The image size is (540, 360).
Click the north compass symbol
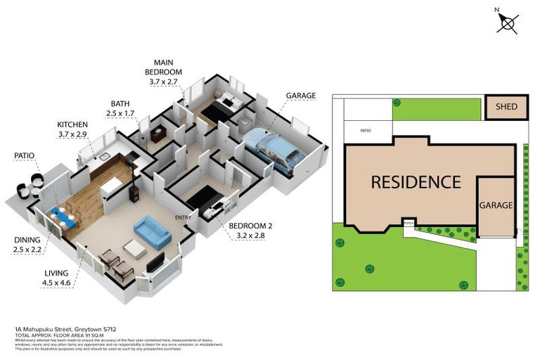coord(508,23)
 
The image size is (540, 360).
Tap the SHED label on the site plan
coord(506,108)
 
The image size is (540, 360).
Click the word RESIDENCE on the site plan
coord(416,182)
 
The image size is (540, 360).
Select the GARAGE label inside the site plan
coord(496,205)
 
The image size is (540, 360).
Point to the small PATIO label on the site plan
coord(366,131)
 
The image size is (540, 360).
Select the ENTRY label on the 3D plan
coord(184,217)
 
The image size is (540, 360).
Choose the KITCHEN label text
coord(72,124)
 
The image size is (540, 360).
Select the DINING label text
coord(27,240)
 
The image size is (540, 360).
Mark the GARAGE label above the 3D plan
coord(300,96)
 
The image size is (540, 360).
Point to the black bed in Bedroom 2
coord(204,197)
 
